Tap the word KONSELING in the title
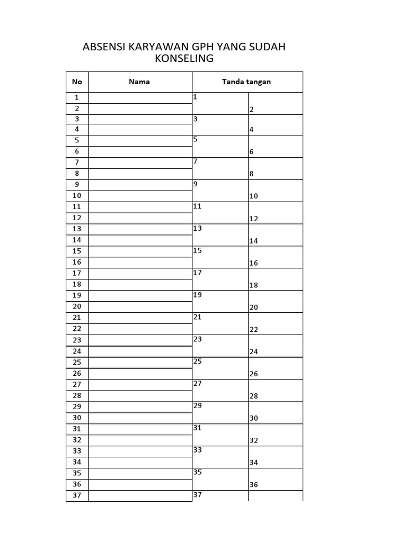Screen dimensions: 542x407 (184, 59)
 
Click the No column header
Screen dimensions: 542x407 (77, 82)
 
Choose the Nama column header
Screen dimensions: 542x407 (139, 82)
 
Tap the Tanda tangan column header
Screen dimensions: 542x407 (247, 82)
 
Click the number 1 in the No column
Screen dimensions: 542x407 (77, 97)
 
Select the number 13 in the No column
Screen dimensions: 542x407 (77, 229)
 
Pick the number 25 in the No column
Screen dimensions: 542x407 (77, 363)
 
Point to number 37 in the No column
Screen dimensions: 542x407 (77, 495)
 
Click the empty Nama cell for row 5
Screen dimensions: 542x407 (140, 140)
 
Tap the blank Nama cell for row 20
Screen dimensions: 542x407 (140, 306)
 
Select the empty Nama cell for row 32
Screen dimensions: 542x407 (140, 440)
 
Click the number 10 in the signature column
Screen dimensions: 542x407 (253, 196)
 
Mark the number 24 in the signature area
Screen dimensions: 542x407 (253, 351)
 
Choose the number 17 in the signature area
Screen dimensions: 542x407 (198, 273)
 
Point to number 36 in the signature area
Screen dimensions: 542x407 (253, 485)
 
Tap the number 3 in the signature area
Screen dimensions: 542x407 (196, 119)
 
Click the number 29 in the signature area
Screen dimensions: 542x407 (198, 405)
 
